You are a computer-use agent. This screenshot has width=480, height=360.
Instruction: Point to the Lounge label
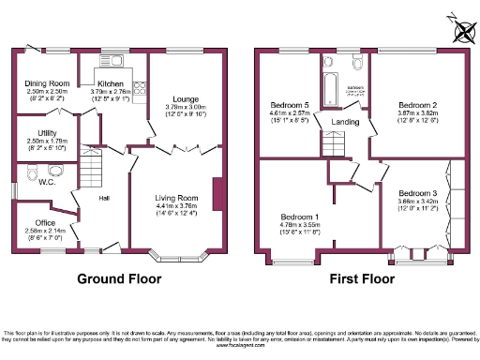coord(184,98)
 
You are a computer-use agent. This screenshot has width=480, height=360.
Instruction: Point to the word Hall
coord(105,198)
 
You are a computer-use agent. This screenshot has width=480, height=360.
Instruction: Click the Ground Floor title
coord(117,279)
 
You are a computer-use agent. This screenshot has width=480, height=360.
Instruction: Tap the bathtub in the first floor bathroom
coord(328,92)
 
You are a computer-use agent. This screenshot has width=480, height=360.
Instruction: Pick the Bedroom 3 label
coord(419,191)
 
